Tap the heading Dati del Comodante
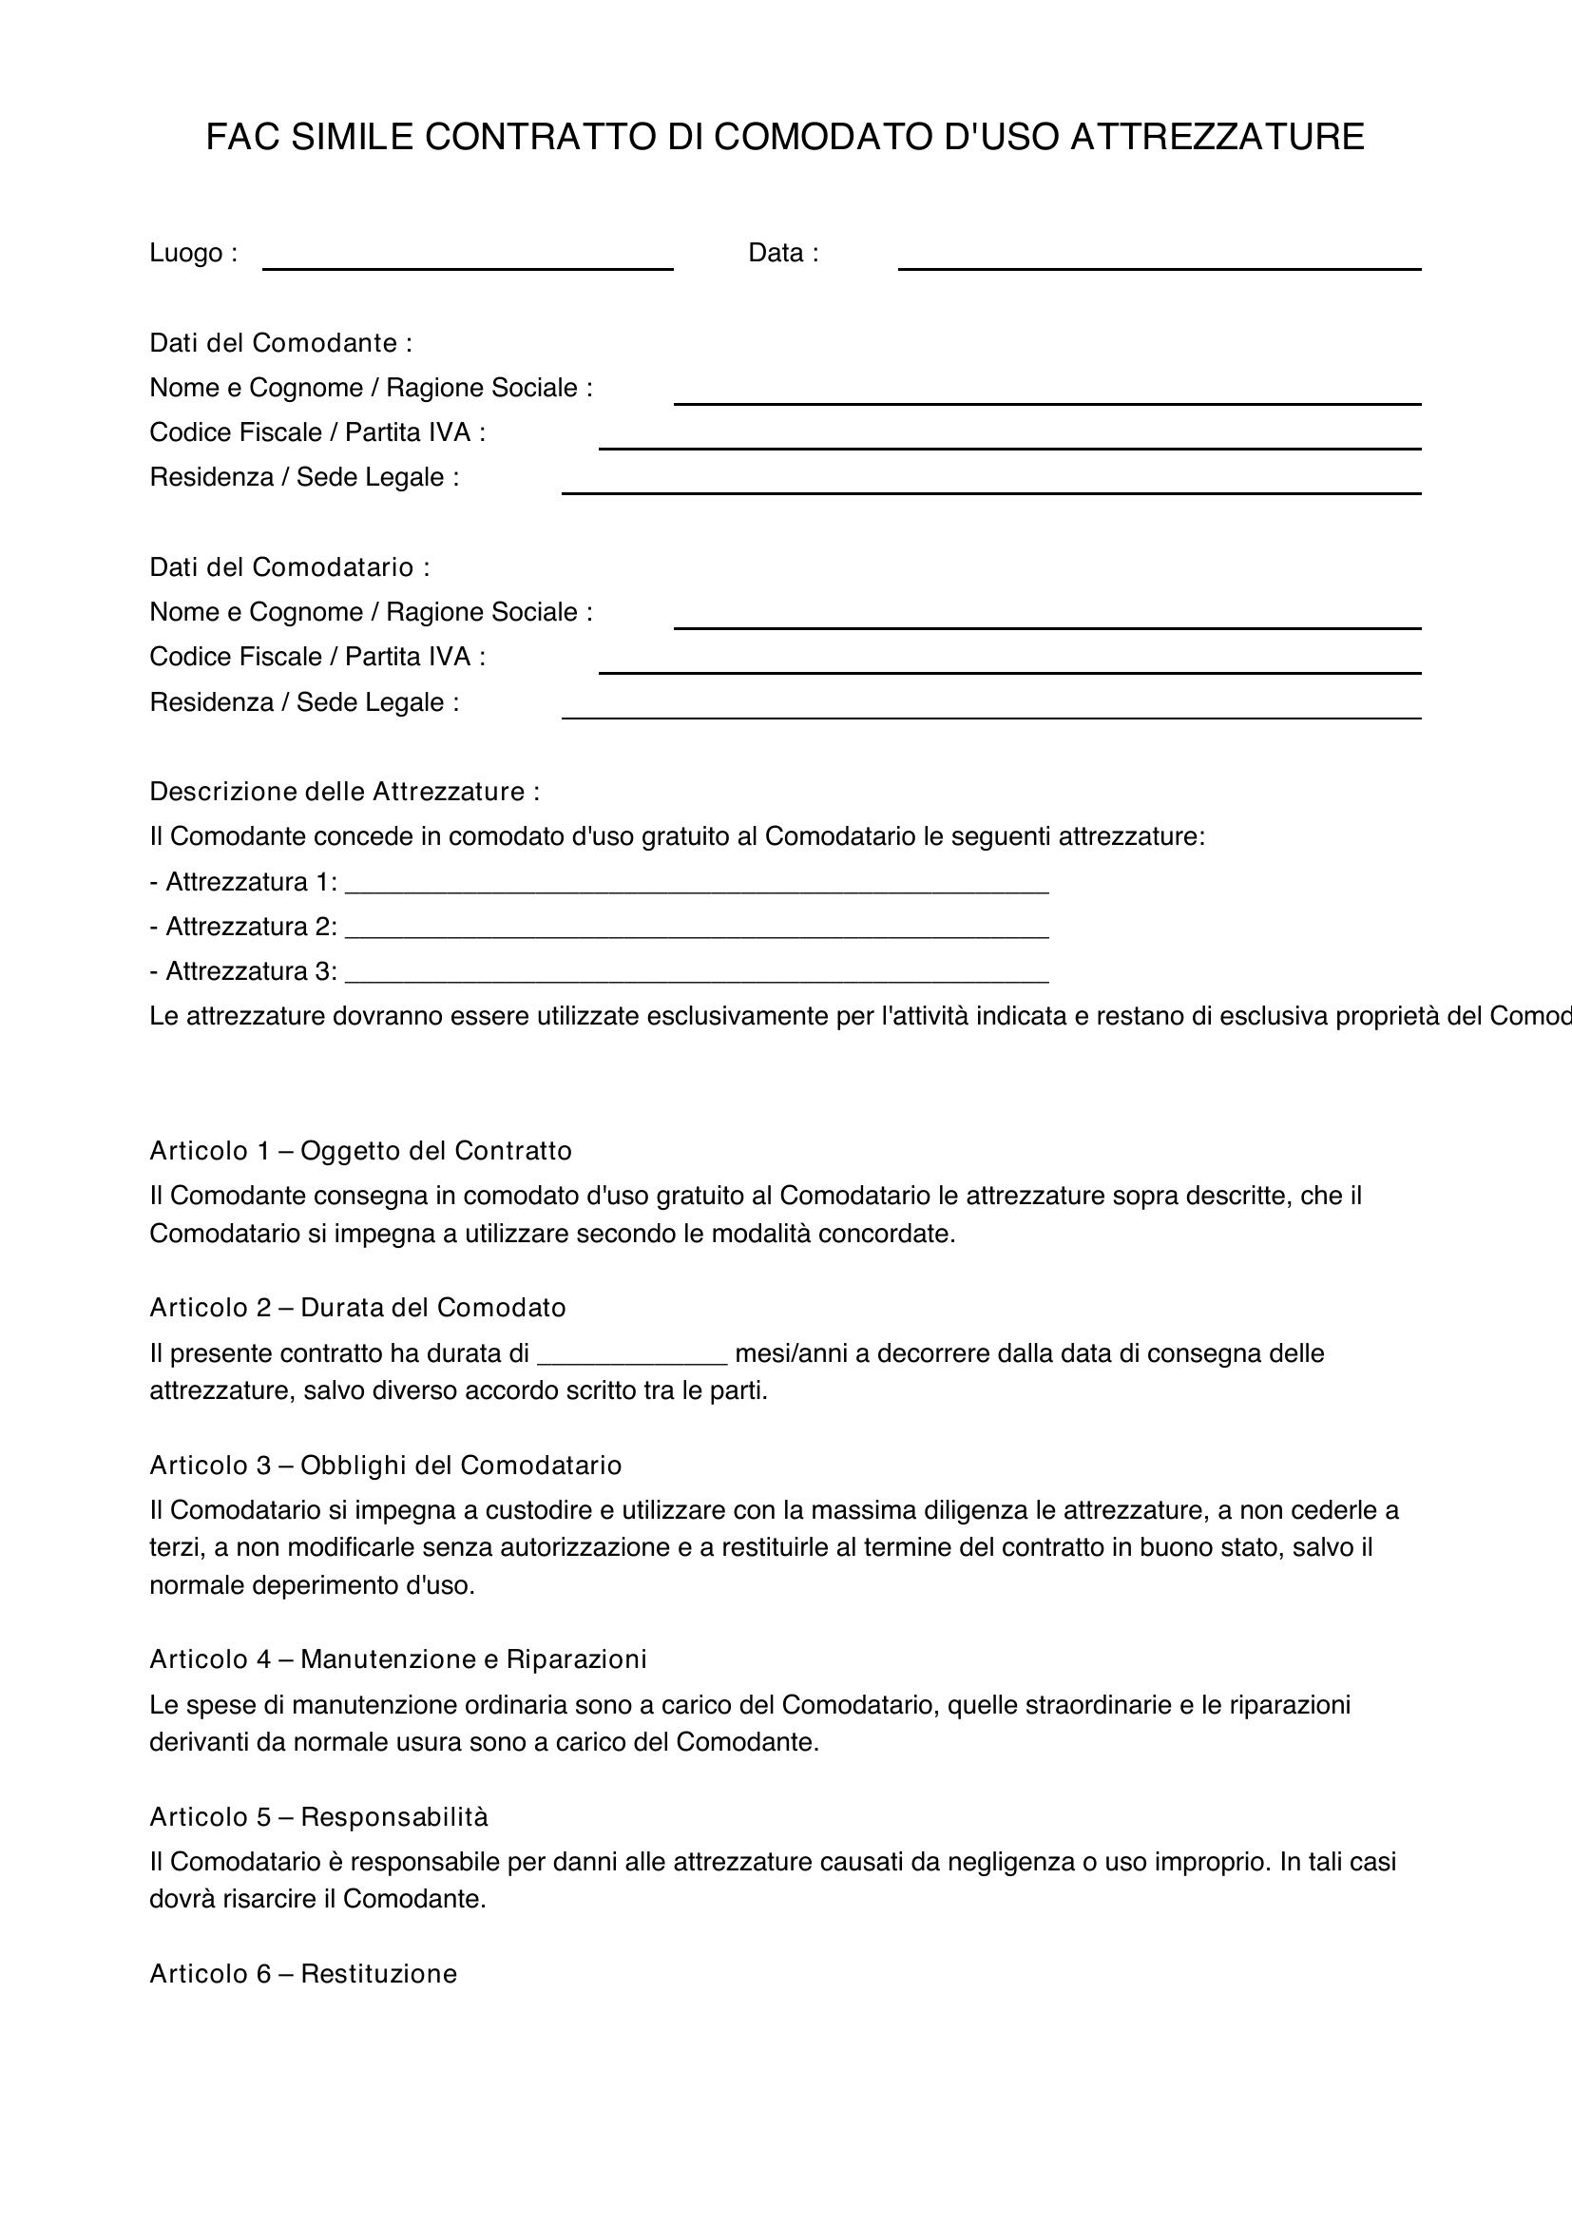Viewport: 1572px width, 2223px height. [280, 343]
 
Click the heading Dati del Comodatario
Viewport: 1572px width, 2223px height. [290, 566]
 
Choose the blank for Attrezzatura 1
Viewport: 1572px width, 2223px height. [697, 883]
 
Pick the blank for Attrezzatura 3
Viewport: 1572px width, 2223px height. [697, 972]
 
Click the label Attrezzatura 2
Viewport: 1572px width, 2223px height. [251, 927]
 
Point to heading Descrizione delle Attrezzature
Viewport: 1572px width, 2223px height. [344, 791]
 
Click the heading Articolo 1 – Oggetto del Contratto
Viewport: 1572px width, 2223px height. [360, 1150]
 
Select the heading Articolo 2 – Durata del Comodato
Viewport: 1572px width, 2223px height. [357, 1307]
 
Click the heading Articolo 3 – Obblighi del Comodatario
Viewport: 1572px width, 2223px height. [385, 1465]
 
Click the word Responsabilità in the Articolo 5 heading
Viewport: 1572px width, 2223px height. [394, 1816]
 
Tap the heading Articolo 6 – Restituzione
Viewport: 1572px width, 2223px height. [303, 1973]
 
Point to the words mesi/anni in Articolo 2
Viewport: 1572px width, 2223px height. [791, 1352]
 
